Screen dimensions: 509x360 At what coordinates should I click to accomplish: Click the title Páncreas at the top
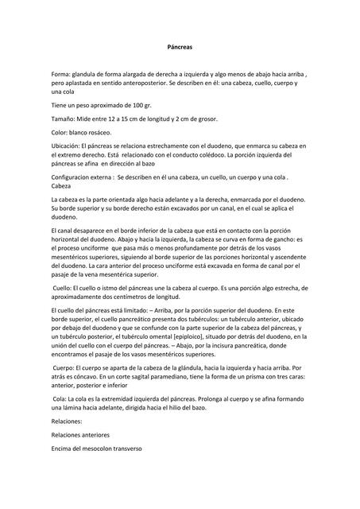[x=180, y=48]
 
